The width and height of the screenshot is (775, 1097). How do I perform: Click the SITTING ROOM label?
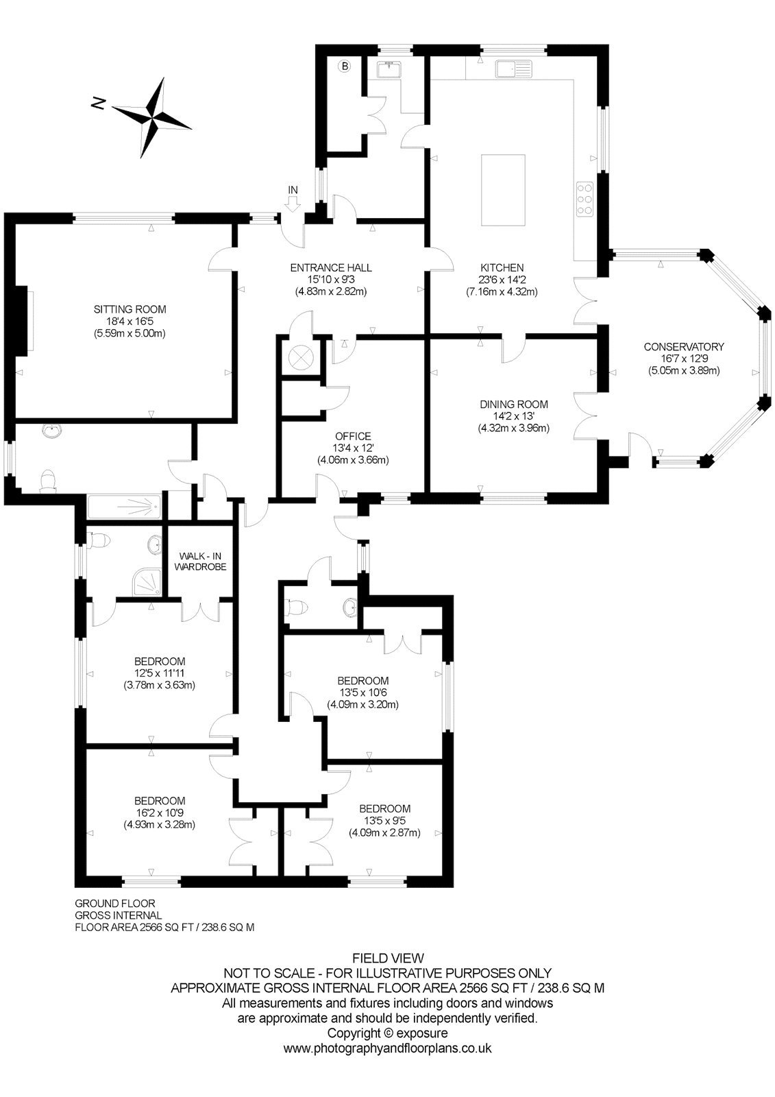(130, 309)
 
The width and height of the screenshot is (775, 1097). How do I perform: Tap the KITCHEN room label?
(502, 268)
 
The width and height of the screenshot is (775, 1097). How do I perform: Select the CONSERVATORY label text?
(683, 347)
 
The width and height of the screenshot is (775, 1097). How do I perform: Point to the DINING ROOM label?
(513, 404)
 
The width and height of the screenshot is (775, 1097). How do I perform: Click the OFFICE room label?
(353, 436)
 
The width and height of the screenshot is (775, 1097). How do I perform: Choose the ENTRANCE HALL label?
(331, 268)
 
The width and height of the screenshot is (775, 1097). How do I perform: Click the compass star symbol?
(152, 117)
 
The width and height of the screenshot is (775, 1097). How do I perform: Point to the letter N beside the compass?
(99, 104)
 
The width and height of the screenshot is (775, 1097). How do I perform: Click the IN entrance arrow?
(293, 204)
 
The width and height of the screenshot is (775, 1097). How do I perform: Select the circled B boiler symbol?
(345, 66)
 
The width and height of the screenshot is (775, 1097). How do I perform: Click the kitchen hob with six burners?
(585, 199)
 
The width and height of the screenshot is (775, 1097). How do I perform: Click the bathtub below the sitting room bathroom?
(124, 507)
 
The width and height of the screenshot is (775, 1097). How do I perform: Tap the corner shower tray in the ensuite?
(147, 582)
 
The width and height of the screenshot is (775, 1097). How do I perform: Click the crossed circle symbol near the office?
(300, 357)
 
